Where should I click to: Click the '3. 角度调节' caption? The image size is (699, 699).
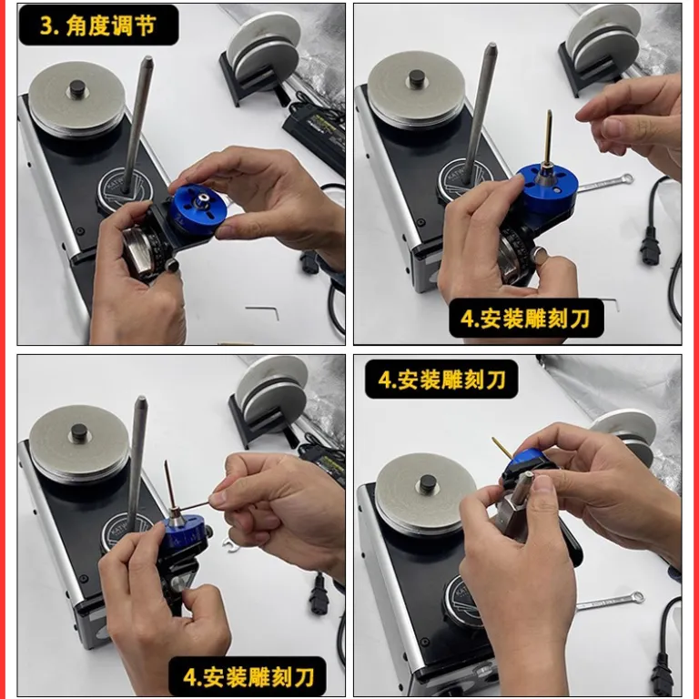pos(98,25)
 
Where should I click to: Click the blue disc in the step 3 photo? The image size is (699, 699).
pos(198,209)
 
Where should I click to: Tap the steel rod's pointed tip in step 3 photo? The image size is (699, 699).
pos(147,59)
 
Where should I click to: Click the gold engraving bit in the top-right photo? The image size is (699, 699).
pos(548,138)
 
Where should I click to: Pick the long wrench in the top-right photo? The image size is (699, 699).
pos(605,183)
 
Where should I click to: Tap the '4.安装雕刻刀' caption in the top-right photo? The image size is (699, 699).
pos(526,319)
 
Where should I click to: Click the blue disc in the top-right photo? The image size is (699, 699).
pos(549,187)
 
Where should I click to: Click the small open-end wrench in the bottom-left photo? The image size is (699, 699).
pos(232,545)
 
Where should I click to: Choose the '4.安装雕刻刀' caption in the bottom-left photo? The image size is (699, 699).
pos(248,676)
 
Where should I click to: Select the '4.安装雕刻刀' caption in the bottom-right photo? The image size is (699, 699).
pos(441,380)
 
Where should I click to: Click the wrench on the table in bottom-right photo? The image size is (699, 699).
pos(611,600)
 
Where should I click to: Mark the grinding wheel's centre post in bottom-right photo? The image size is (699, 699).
pos(427,482)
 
